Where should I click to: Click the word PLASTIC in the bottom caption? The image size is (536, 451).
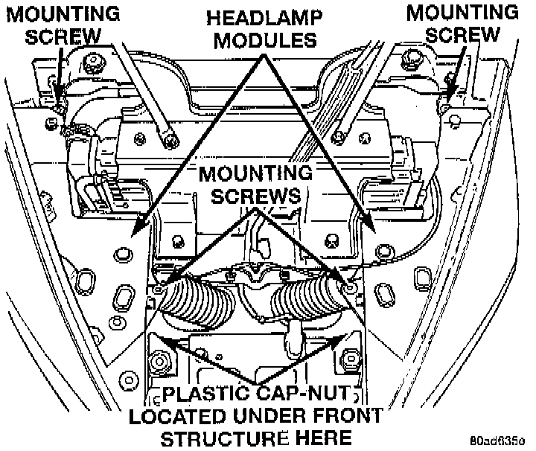tap(202, 394)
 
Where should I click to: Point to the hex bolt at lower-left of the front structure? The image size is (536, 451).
tap(158, 362)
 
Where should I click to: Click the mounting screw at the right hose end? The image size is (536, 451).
tap(351, 285)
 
